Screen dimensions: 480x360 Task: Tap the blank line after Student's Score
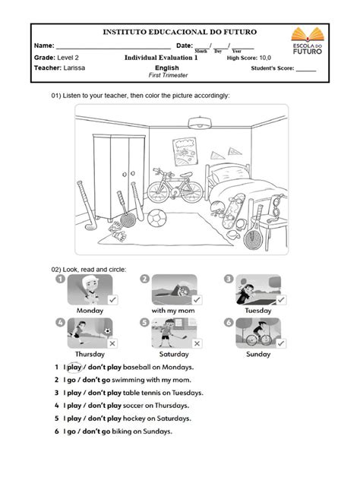point(306,68)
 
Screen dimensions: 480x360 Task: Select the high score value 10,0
point(264,57)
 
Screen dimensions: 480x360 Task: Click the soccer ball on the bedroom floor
point(156,219)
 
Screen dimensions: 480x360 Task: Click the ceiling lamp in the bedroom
point(199,123)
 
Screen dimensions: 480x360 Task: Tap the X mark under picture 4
point(112,343)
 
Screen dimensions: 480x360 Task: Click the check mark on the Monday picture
point(112,301)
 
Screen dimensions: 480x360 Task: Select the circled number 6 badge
point(227,323)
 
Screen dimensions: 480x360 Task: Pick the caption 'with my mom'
point(174,311)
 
